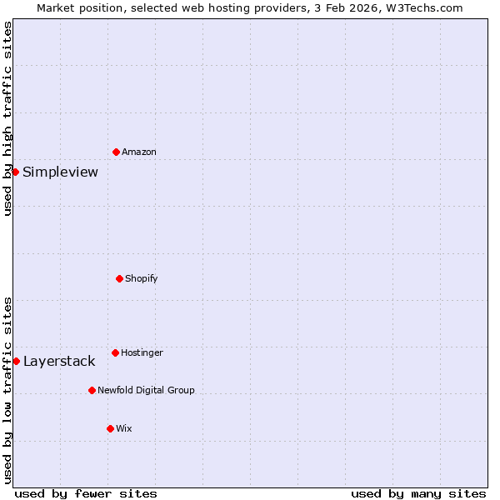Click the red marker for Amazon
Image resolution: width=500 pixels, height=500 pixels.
tap(116, 152)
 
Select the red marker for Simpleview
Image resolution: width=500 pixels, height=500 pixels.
tap(15, 172)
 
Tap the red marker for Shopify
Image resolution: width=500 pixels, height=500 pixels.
tap(119, 278)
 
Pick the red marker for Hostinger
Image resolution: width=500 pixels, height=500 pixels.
tap(115, 352)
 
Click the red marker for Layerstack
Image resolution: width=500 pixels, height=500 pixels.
tap(16, 361)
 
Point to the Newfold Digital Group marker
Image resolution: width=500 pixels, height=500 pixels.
tap(92, 390)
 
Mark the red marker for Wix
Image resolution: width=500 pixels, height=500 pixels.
tap(110, 428)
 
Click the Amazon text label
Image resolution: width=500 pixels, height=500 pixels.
tap(138, 152)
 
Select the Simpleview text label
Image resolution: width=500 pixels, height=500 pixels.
tap(60, 172)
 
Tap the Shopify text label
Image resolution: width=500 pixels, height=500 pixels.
tap(142, 278)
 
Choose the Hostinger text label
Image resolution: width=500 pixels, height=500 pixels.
tap(142, 352)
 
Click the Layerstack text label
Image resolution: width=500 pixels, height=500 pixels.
tap(59, 362)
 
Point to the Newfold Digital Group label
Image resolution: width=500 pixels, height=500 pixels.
tap(146, 390)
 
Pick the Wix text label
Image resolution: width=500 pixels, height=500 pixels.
tap(123, 428)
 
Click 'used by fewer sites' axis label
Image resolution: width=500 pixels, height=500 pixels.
tap(86, 493)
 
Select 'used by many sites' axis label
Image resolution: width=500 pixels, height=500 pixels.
tap(418, 493)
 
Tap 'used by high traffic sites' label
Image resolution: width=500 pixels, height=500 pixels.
tap(7, 119)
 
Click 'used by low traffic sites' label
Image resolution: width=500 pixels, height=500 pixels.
tap(7, 389)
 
